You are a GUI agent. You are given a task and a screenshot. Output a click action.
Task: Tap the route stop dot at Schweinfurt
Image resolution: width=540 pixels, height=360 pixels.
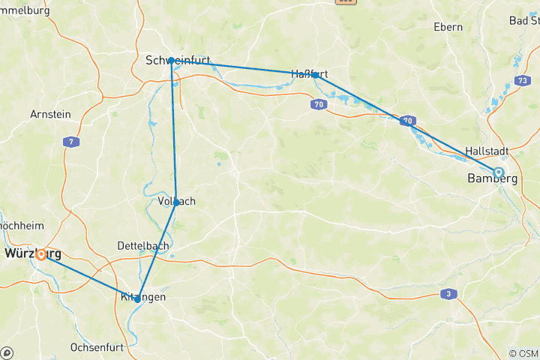(172, 60)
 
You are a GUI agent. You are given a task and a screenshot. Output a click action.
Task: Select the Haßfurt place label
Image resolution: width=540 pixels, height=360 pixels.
(310, 73)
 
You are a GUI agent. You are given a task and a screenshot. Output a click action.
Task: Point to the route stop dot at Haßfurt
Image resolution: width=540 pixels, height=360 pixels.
(316, 75)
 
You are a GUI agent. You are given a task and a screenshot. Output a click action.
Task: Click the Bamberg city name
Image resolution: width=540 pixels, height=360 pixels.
(492, 178)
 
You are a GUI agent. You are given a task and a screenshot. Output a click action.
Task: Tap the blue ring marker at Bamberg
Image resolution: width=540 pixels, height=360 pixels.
(497, 172)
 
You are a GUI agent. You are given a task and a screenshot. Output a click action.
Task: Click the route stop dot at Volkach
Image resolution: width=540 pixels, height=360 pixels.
(176, 202)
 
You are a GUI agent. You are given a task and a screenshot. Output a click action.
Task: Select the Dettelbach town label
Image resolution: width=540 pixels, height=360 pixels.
(142, 246)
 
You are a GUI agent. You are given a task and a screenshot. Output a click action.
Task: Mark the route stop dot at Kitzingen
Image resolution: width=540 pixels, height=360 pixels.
(137, 299)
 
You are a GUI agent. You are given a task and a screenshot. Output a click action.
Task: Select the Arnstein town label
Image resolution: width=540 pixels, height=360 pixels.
(50, 115)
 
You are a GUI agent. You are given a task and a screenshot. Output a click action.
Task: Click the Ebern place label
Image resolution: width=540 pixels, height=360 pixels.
(448, 27)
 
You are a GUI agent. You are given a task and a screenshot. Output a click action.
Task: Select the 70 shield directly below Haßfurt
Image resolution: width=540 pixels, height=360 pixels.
(318, 104)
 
